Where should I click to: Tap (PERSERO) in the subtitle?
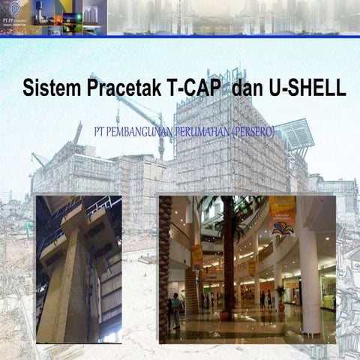[253, 132]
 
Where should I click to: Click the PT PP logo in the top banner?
[13, 14]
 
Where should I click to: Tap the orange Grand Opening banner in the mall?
[282, 214]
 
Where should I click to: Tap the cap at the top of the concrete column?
[75, 217]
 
